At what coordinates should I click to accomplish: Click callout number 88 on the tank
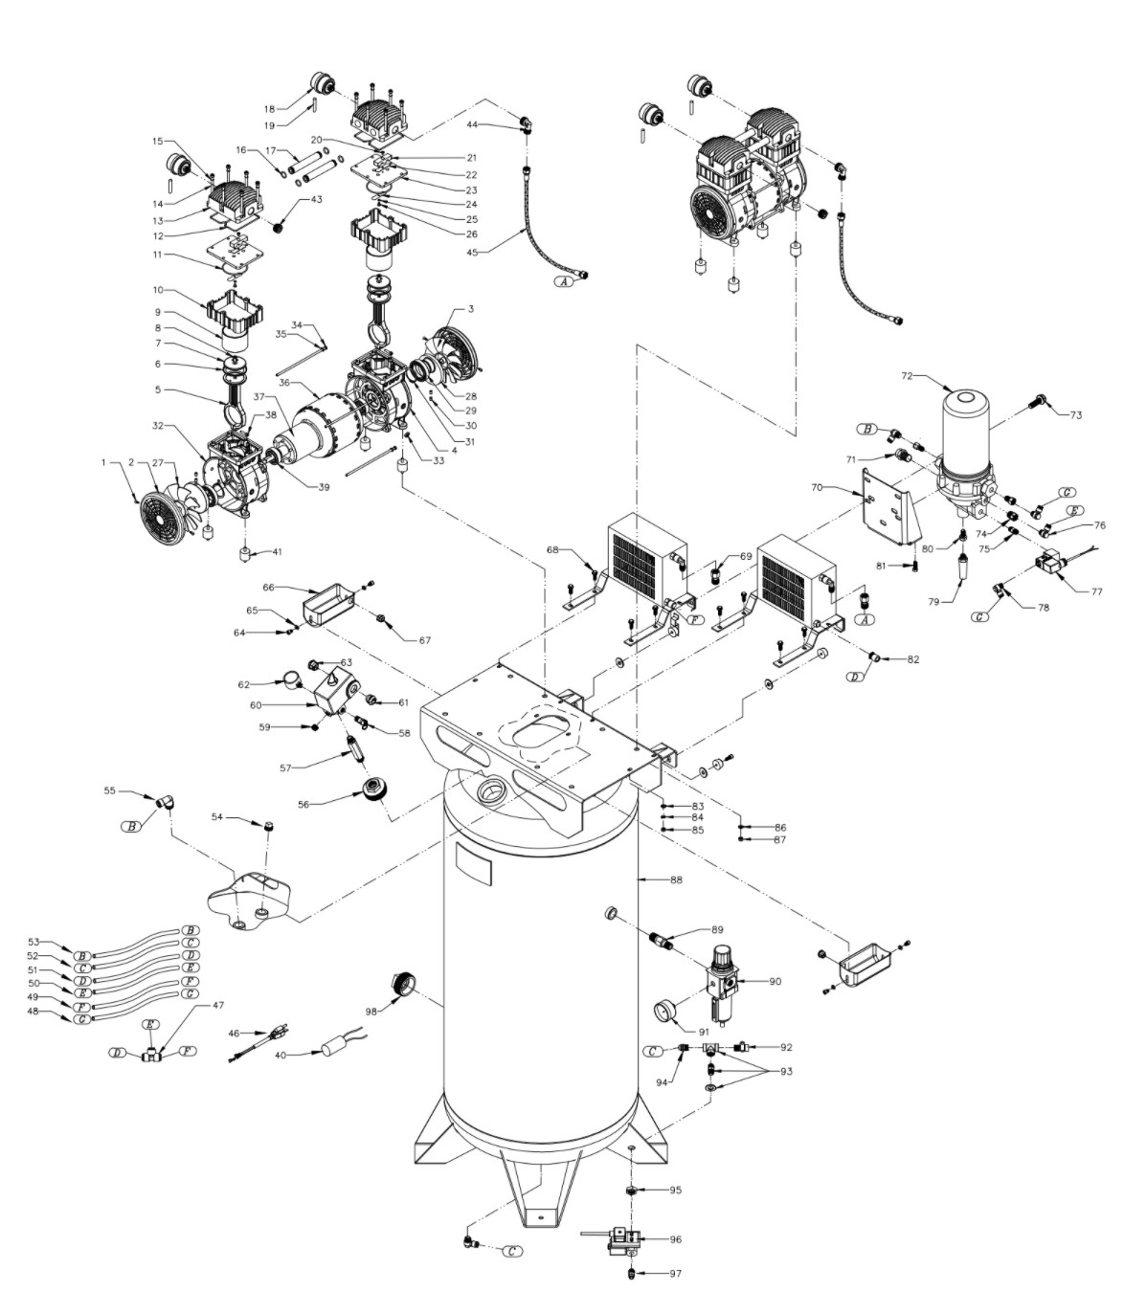(x=676, y=879)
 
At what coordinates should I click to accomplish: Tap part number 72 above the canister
(x=907, y=375)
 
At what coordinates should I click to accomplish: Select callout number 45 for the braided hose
(x=472, y=253)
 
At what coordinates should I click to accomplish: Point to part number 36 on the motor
(x=284, y=383)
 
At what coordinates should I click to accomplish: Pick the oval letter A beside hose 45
(x=564, y=282)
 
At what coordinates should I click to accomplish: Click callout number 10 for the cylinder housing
(x=158, y=290)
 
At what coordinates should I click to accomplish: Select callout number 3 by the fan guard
(x=471, y=309)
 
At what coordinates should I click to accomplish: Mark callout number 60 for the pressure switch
(x=256, y=704)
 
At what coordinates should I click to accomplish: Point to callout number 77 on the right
(x=1096, y=591)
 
